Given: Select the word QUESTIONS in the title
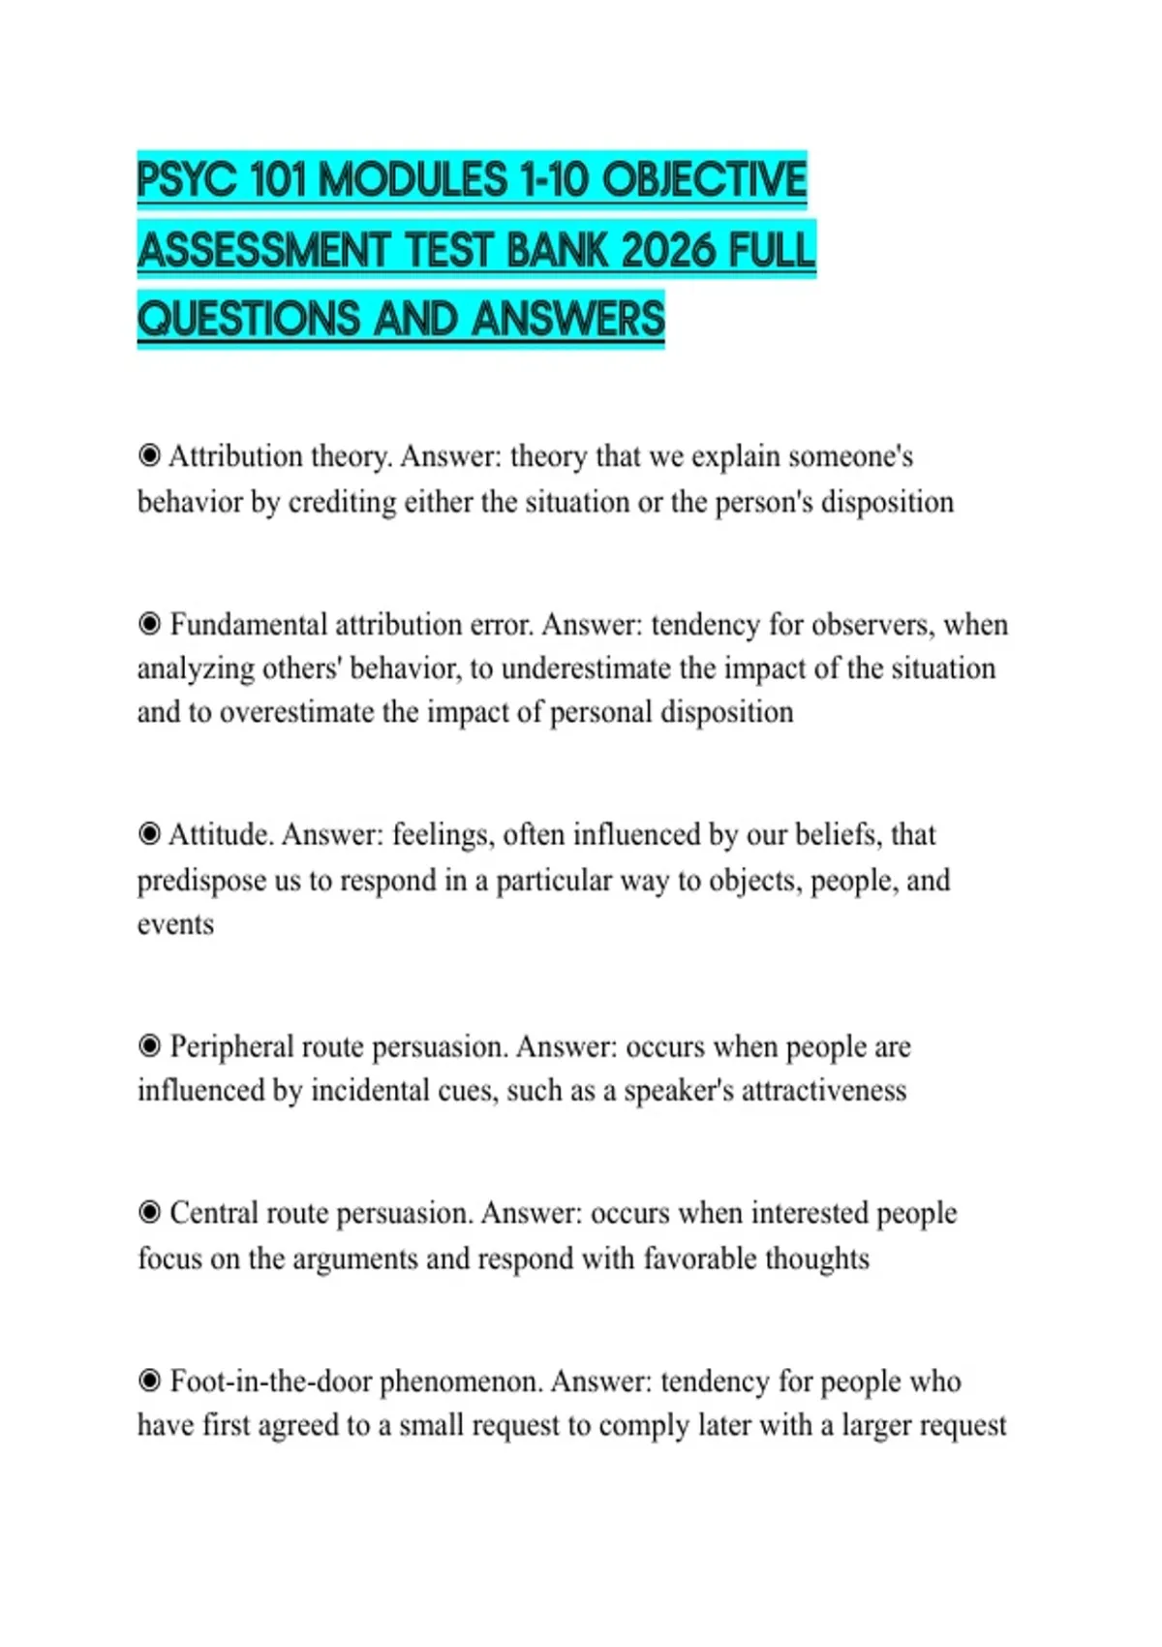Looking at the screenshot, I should tap(249, 319).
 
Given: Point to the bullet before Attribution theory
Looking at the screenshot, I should tap(149, 454).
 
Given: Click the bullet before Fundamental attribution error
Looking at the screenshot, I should tap(149, 623).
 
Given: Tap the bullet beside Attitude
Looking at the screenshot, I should tap(149, 833).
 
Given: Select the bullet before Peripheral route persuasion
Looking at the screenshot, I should tap(149, 1045).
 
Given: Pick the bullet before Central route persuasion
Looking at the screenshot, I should tap(149, 1212).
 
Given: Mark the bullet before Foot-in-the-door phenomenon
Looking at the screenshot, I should tap(149, 1380).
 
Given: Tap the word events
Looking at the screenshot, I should tap(175, 924).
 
